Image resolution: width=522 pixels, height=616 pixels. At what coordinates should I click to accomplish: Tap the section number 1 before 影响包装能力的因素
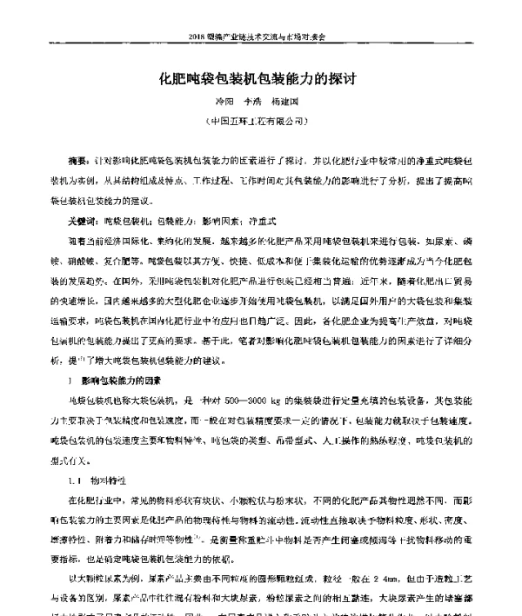(x=70, y=381)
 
